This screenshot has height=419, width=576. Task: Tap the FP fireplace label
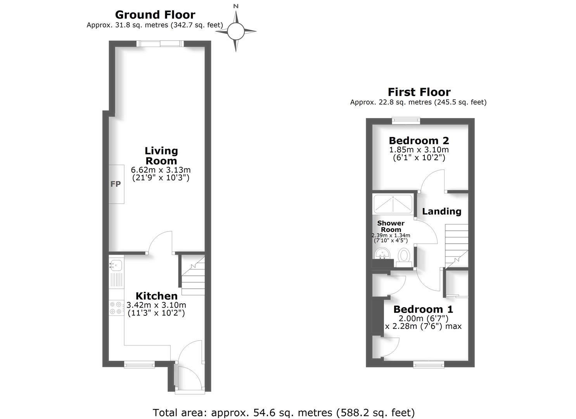pyautogui.click(x=116, y=184)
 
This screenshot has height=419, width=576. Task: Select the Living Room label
pyautogui.click(x=161, y=156)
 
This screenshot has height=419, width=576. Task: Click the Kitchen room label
pyautogui.click(x=156, y=296)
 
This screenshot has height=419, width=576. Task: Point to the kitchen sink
pyautogui.click(x=116, y=265)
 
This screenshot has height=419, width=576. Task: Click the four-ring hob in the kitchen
pyautogui.click(x=116, y=308)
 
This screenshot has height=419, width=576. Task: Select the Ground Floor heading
pyautogui.click(x=155, y=15)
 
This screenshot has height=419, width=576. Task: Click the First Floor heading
pyautogui.click(x=419, y=92)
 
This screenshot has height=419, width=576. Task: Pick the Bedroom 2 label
pyautogui.click(x=419, y=140)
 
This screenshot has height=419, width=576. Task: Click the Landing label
pyautogui.click(x=441, y=211)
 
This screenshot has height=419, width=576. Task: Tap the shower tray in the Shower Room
pyautogui.click(x=393, y=204)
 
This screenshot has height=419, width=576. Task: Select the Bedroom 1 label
pyautogui.click(x=423, y=309)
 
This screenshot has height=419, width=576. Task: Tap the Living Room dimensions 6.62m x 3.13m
pyautogui.click(x=161, y=170)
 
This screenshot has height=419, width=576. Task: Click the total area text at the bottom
pyautogui.click(x=284, y=412)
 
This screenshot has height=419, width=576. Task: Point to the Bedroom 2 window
pyautogui.click(x=406, y=121)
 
